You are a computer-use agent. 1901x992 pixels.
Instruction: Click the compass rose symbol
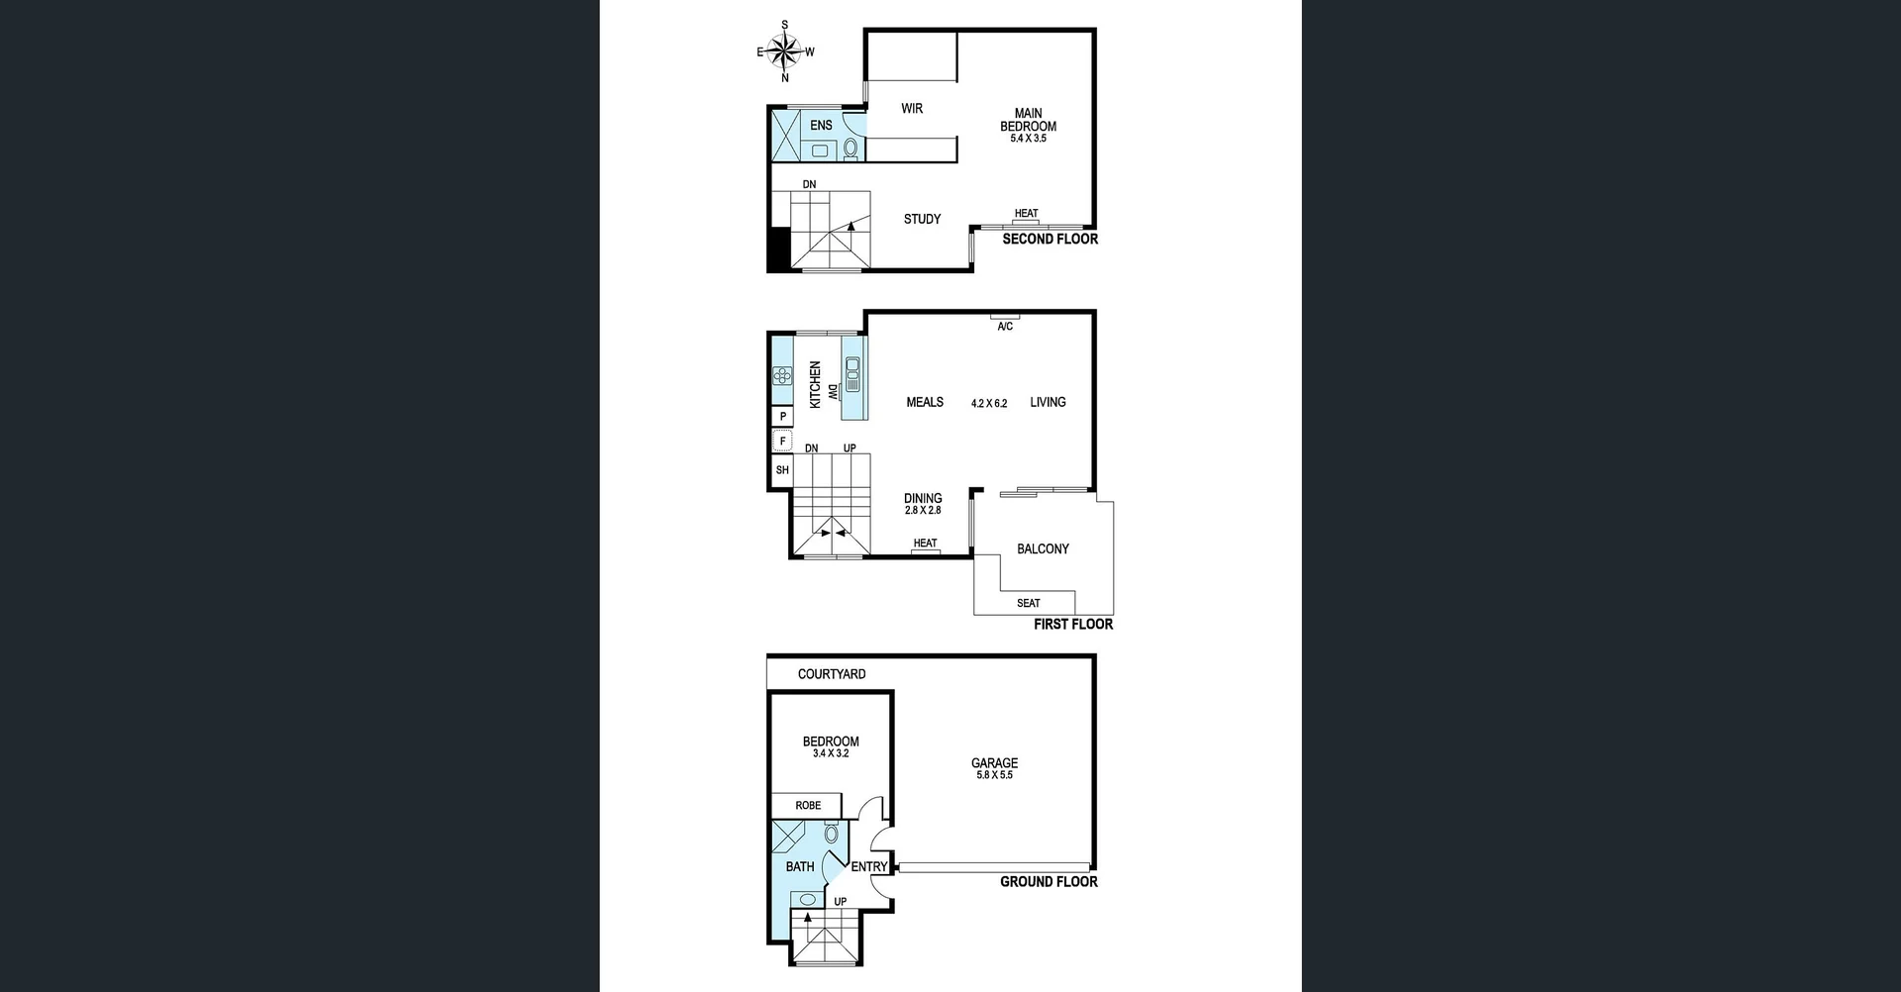tap(785, 50)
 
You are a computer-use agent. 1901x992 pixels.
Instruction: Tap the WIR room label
tap(912, 109)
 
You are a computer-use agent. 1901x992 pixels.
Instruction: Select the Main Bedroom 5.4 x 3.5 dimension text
tap(1028, 139)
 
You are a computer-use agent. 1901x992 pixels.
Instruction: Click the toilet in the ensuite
tap(850, 149)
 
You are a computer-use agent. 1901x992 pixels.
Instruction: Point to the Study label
tap(922, 219)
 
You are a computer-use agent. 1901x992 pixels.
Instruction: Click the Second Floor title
tap(1050, 240)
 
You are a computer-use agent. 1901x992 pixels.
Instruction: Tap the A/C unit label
tap(1005, 327)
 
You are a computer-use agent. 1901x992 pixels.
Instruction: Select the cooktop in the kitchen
tap(782, 375)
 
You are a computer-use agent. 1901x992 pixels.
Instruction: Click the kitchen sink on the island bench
tap(852, 375)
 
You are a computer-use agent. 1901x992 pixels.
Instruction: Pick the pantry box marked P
tap(783, 417)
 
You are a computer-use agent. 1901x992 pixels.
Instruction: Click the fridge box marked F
tap(782, 442)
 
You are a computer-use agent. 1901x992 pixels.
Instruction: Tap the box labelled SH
tap(782, 470)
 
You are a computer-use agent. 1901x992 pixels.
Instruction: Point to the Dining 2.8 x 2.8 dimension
tap(923, 511)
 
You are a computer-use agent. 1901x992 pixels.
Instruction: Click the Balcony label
tap(1043, 548)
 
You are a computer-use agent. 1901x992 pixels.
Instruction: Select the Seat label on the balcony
tap(1028, 603)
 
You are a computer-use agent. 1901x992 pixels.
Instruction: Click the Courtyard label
tap(832, 674)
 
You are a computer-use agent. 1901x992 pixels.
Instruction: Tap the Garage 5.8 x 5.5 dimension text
tap(994, 775)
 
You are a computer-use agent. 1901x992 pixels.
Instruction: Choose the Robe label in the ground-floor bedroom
tap(808, 806)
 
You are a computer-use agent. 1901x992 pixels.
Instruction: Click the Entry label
tap(869, 867)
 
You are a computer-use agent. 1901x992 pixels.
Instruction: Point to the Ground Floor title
tap(1049, 882)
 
